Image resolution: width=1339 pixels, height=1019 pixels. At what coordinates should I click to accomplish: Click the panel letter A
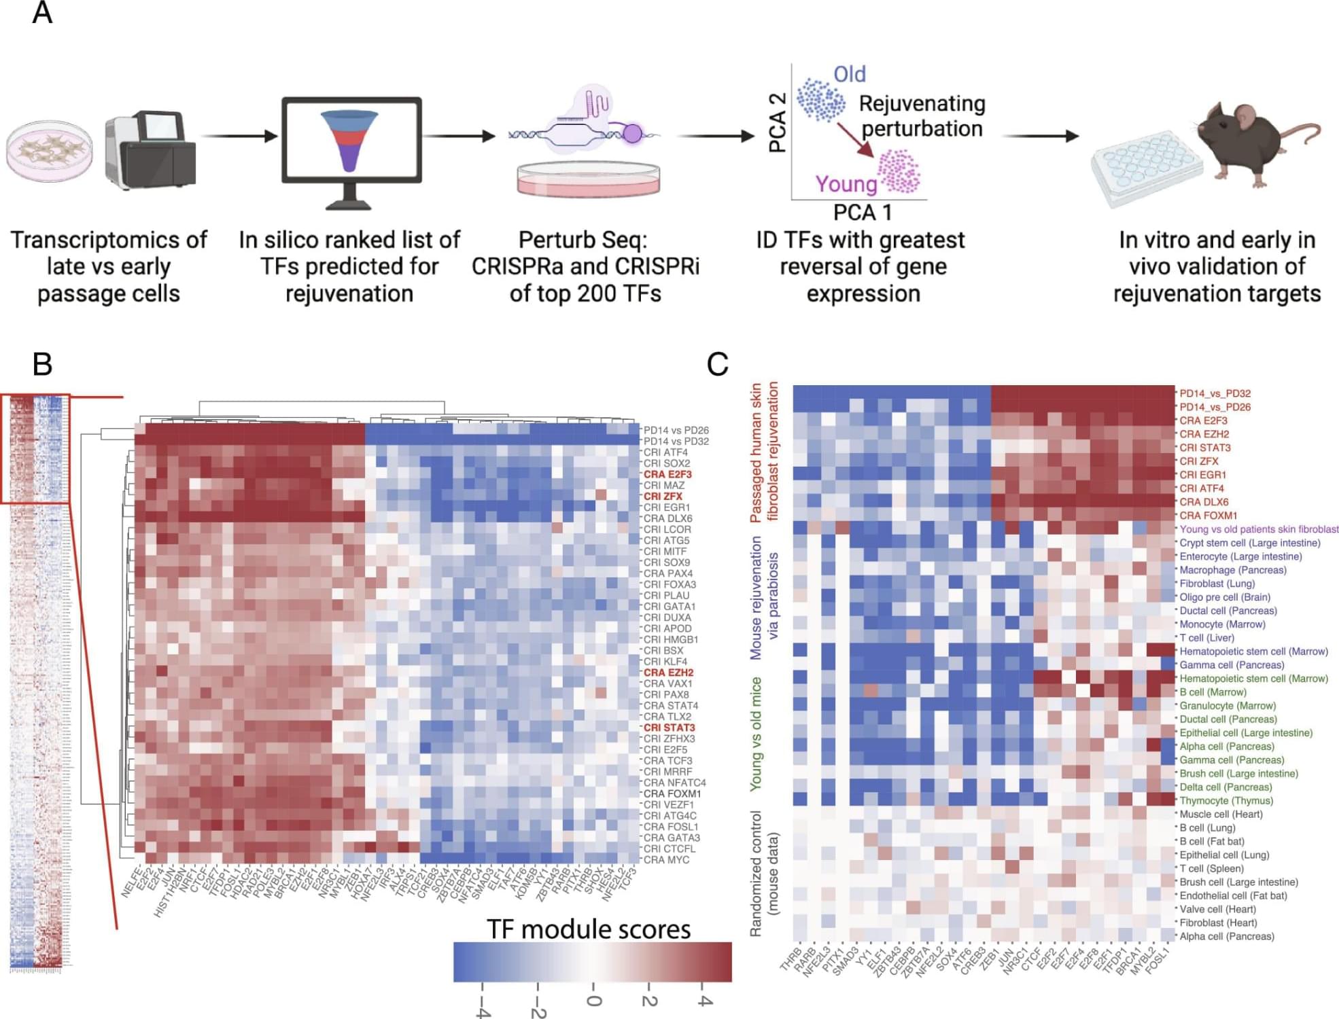pyautogui.click(x=42, y=13)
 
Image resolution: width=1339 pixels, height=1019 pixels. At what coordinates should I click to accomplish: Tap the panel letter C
pyautogui.click(x=718, y=364)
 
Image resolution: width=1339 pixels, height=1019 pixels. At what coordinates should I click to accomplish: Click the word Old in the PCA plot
pyautogui.click(x=850, y=74)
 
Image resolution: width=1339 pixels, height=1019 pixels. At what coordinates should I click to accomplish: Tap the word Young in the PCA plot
pyautogui.click(x=846, y=184)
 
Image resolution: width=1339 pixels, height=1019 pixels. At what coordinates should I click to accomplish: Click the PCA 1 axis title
pyautogui.click(x=863, y=213)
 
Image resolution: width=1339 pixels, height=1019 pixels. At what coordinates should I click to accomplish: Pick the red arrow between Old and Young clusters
pyautogui.click(x=856, y=141)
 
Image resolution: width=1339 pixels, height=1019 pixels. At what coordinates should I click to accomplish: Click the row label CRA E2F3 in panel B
pyautogui.click(x=667, y=474)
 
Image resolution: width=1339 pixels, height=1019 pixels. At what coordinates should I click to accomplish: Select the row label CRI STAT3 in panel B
pyautogui.click(x=669, y=728)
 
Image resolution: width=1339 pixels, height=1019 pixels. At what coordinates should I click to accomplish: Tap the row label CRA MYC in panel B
pyautogui.click(x=666, y=859)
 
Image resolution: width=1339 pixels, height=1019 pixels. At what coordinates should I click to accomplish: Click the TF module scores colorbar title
pyautogui.click(x=589, y=929)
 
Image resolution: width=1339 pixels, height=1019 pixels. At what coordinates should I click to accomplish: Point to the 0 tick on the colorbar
pyautogui.click(x=593, y=1001)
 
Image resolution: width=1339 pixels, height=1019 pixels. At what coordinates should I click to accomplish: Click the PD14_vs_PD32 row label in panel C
pyautogui.click(x=1215, y=393)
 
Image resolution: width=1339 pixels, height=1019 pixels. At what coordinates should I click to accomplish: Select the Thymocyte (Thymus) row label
pyautogui.click(x=1226, y=800)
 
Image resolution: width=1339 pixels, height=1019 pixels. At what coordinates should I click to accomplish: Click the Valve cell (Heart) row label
pyautogui.click(x=1217, y=909)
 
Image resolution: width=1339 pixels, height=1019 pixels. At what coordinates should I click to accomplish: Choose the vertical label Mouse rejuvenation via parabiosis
pyautogui.click(x=764, y=598)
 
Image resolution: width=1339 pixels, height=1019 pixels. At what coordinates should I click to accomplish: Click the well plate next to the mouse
pyautogui.click(x=1142, y=170)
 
